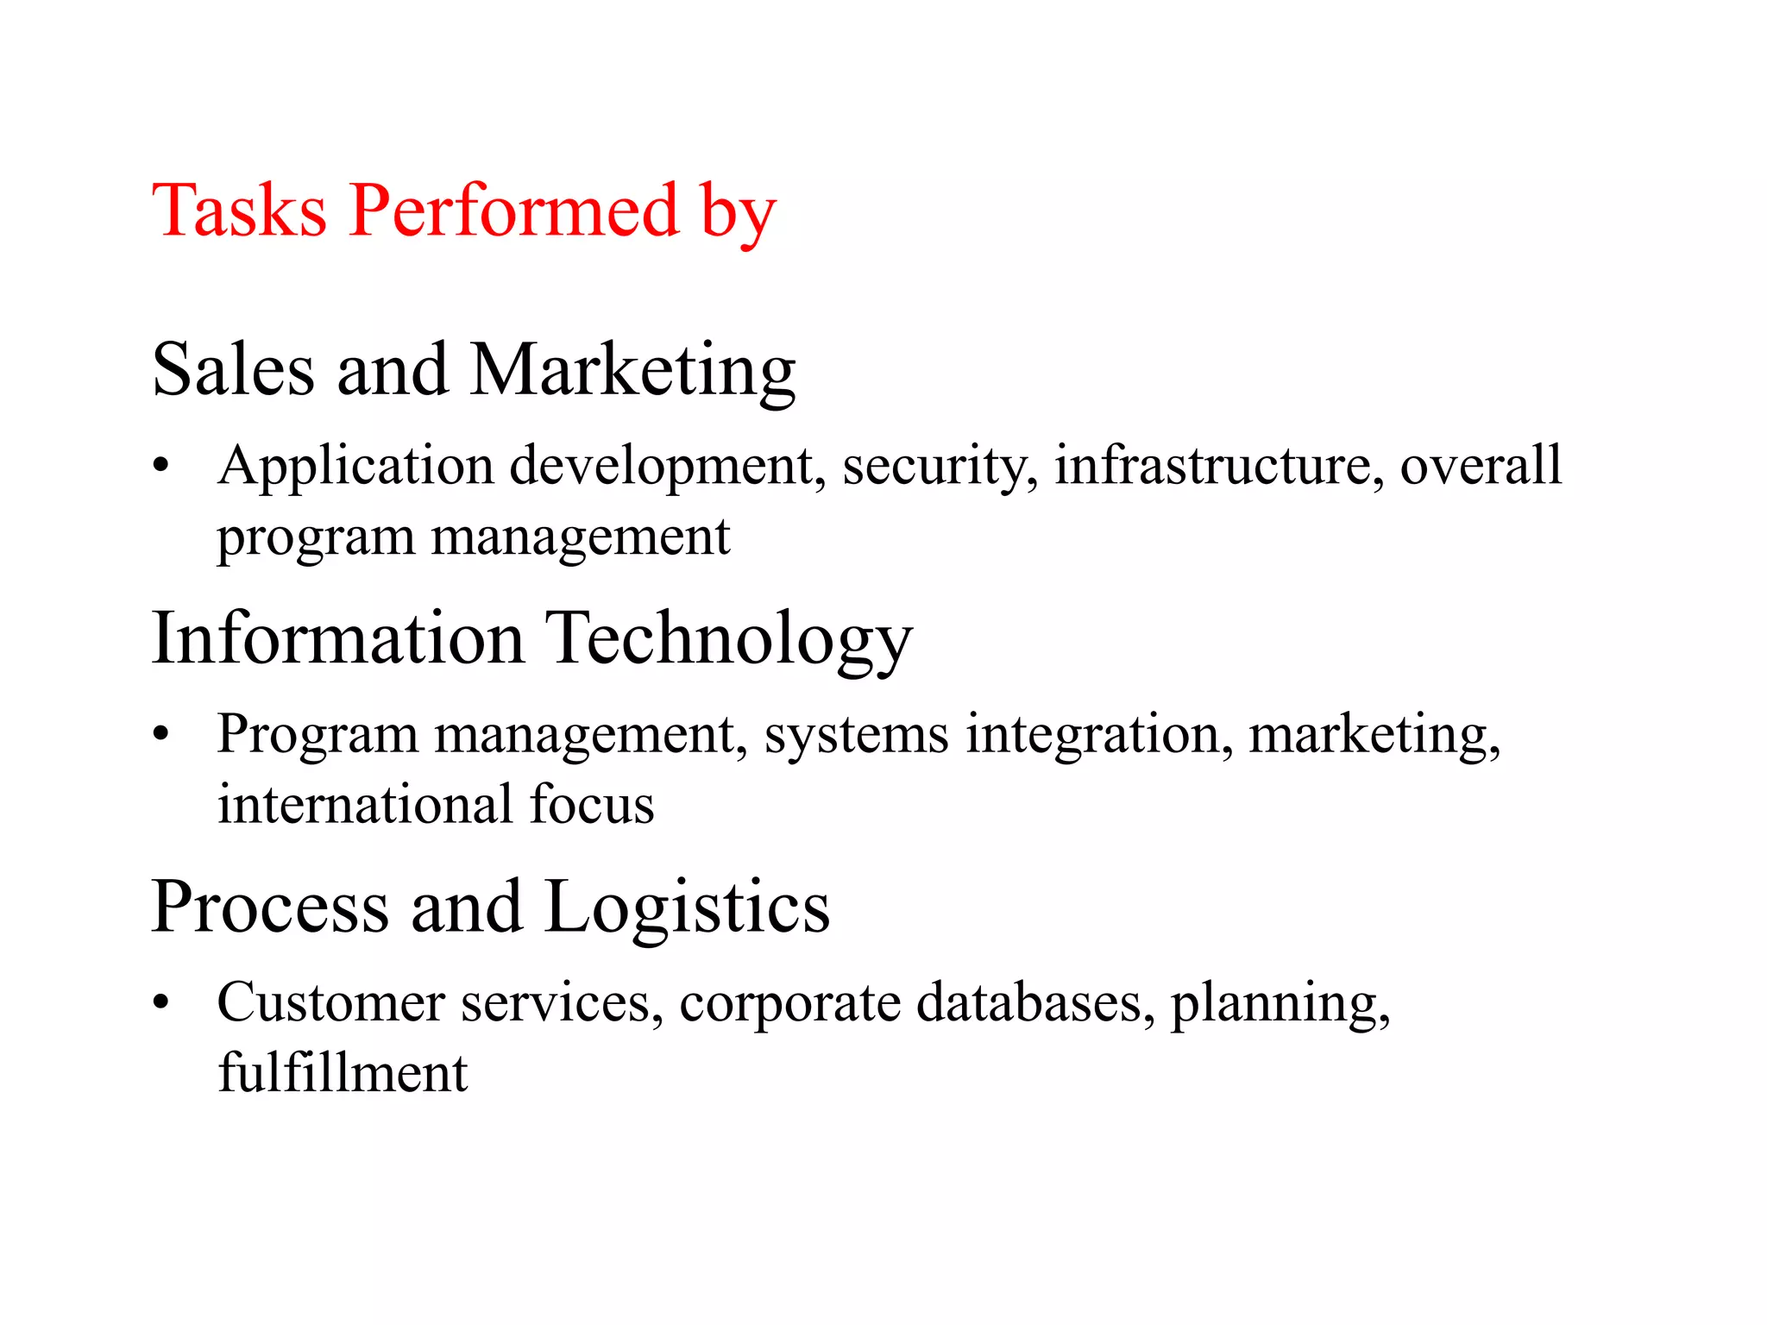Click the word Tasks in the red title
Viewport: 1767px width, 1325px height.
tap(239, 211)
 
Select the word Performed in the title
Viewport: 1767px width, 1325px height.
tap(514, 211)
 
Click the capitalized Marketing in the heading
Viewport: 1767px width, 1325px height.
tap(632, 371)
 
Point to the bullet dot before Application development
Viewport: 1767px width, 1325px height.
tap(160, 467)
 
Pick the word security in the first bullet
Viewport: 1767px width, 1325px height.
tap(940, 468)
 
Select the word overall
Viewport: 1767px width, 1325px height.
tap(1480, 466)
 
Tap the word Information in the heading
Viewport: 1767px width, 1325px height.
tap(337, 638)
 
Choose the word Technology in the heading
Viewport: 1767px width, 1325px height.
tap(729, 640)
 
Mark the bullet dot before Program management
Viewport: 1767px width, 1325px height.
tap(160, 735)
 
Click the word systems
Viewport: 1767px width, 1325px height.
tap(856, 735)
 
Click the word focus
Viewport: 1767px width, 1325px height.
tap(591, 804)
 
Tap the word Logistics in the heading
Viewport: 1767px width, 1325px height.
tap(688, 907)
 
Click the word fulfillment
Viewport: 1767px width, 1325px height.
tap(343, 1073)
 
